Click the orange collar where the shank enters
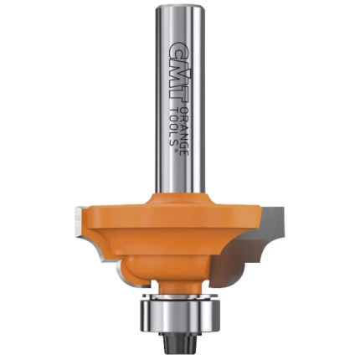point(179,201)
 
